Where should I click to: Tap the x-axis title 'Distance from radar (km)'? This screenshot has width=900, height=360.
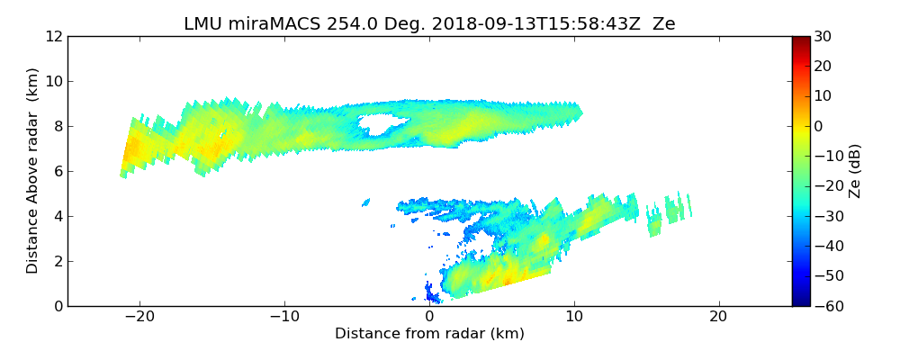[x=429, y=334]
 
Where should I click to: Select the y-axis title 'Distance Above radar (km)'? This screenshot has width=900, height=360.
[x=33, y=170]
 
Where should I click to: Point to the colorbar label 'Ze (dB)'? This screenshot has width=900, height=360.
[x=855, y=170]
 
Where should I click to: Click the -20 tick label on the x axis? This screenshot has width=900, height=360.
[x=139, y=318]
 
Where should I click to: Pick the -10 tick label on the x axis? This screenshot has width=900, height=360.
[x=284, y=318]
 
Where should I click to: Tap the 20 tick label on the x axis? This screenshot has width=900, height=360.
[x=718, y=318]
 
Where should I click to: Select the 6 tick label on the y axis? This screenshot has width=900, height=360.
[x=57, y=171]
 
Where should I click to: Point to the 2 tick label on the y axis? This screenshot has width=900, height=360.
[x=57, y=261]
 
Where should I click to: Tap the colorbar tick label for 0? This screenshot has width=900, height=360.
[x=820, y=126]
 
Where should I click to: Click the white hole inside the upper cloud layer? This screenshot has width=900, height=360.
[x=382, y=124]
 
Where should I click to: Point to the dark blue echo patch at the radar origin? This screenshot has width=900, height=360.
[x=432, y=293]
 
